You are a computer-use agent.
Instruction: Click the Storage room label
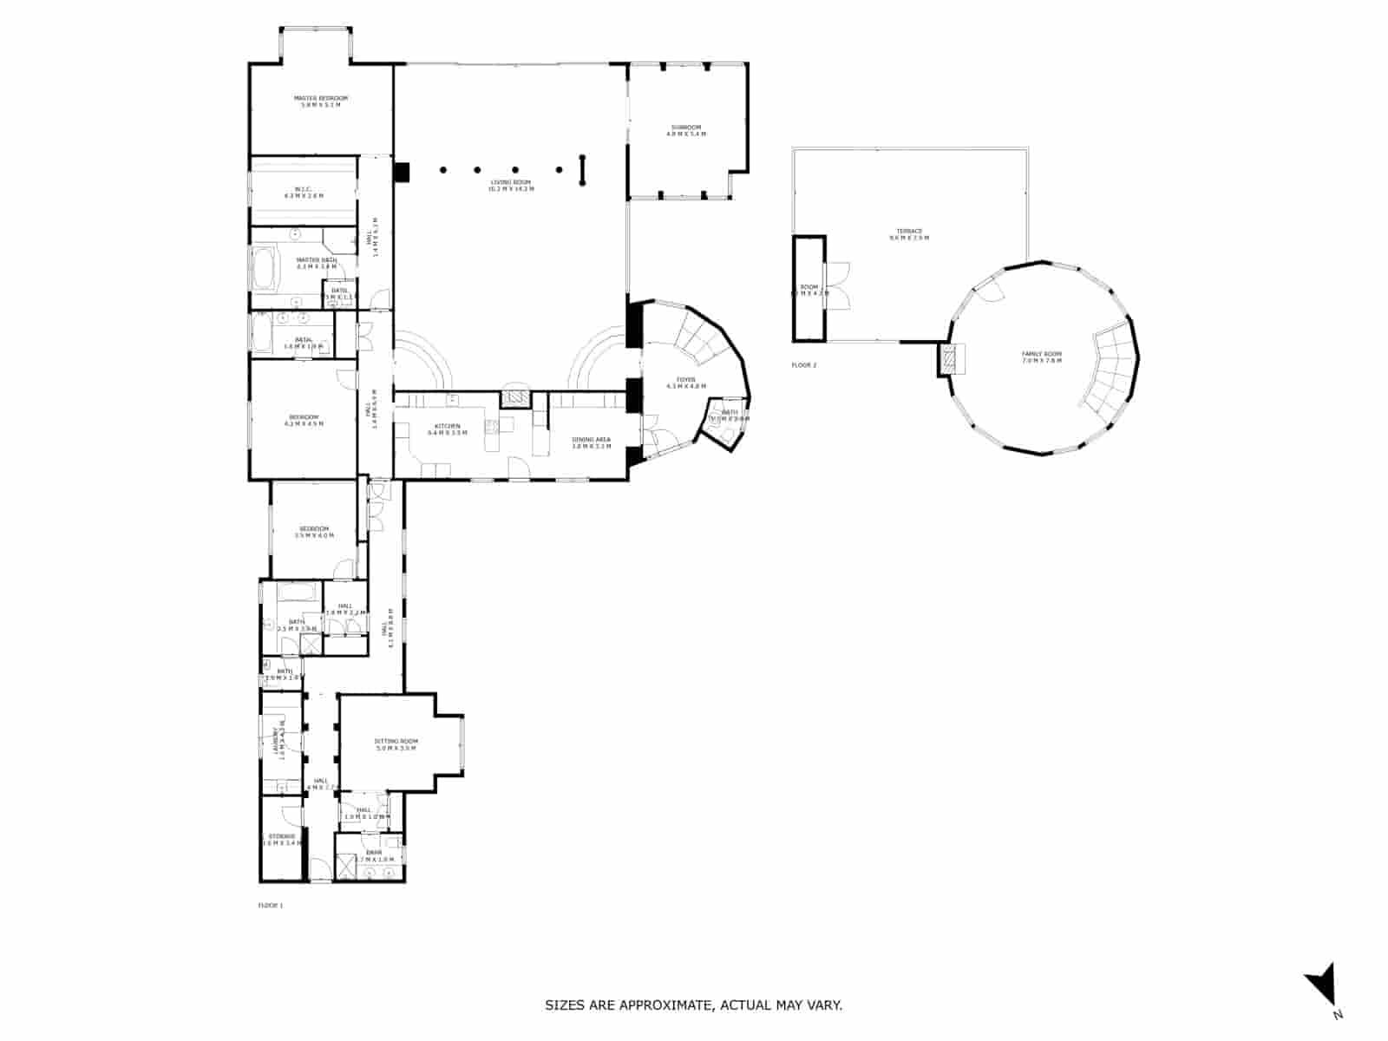(282, 839)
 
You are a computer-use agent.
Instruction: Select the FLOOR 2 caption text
(804, 365)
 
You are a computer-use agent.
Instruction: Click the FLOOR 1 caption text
(271, 906)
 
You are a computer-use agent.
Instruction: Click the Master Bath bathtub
(264, 268)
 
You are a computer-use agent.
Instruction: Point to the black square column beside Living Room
(401, 173)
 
